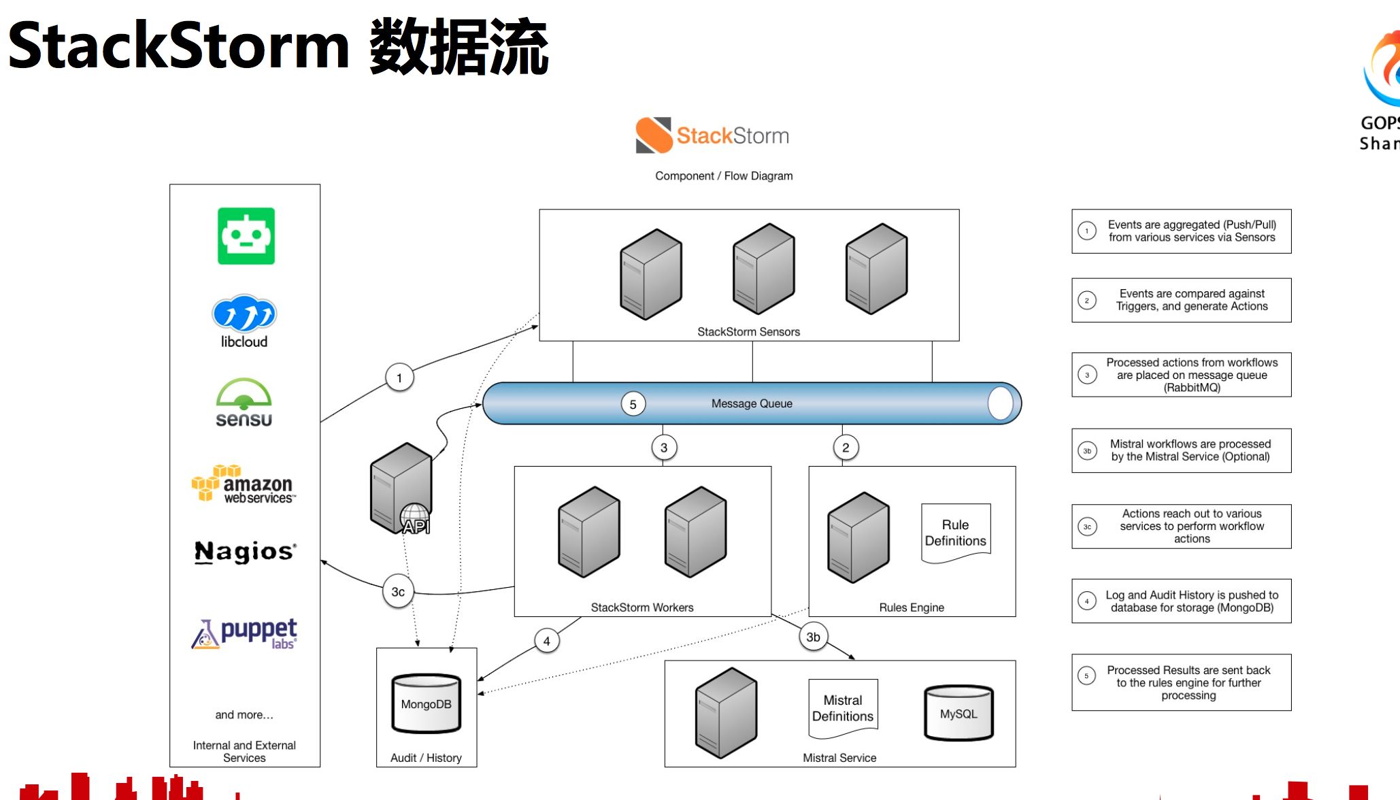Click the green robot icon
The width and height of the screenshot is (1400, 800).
point(246,236)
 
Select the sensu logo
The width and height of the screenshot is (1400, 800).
point(244,403)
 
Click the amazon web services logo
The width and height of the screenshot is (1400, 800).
point(244,484)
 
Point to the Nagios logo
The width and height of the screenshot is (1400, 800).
point(245,552)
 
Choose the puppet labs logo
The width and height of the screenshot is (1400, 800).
point(245,633)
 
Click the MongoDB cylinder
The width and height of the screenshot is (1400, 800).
point(426,703)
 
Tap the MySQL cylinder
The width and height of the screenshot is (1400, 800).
point(959,713)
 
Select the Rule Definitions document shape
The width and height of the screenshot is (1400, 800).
point(955,533)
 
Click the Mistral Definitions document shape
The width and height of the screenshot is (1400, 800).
point(842,708)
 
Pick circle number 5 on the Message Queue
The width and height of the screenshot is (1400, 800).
point(633,404)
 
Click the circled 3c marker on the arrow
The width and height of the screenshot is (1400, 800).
point(398,592)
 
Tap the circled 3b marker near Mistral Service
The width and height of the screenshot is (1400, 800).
point(813,637)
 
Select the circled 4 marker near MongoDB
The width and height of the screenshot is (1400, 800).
point(546,641)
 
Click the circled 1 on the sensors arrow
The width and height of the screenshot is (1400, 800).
point(399,378)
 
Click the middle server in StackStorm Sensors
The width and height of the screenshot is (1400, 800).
point(763,269)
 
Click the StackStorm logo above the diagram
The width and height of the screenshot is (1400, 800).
point(712,135)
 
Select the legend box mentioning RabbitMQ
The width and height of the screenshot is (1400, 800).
point(1181,375)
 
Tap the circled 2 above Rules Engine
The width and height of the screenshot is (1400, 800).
point(846,448)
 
